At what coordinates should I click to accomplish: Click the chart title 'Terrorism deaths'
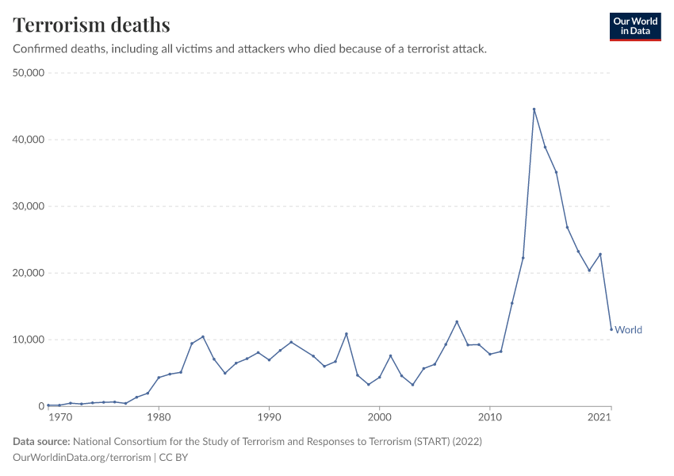click(91, 25)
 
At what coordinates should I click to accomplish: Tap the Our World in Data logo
click(634, 26)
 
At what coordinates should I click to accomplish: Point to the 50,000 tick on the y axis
click(28, 73)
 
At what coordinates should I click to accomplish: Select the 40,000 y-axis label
click(28, 140)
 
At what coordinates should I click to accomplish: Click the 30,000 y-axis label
click(28, 206)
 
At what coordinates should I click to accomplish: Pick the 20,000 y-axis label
click(28, 273)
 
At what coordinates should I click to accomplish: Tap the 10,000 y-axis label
click(28, 340)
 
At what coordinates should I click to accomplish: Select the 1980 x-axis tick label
click(159, 416)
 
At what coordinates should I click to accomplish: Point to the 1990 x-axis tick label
click(269, 416)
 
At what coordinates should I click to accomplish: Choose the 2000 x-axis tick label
click(380, 416)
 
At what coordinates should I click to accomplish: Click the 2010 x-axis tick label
click(490, 416)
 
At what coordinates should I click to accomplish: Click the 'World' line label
click(628, 330)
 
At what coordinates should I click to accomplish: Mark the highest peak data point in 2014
click(534, 109)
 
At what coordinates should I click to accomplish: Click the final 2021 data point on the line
click(611, 329)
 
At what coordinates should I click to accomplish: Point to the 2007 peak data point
click(457, 321)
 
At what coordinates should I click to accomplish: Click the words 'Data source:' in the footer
click(41, 441)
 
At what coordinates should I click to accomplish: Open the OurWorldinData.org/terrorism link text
click(82, 457)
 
